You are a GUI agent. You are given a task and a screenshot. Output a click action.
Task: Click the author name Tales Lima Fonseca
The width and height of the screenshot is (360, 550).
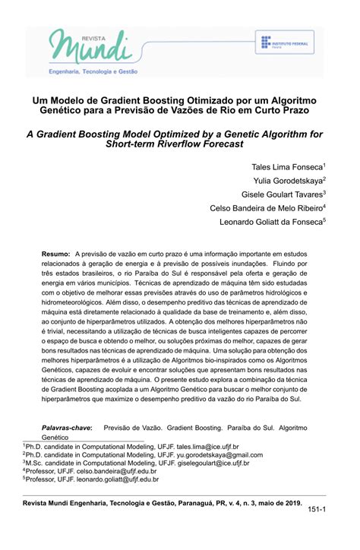click(x=288, y=166)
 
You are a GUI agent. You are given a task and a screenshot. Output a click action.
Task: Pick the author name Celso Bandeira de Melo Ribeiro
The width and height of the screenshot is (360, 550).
click(x=267, y=207)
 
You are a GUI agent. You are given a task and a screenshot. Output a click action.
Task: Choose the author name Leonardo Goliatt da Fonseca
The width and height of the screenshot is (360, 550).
click(x=272, y=221)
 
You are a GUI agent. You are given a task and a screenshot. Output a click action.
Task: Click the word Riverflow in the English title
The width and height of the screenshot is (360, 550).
click(x=195, y=144)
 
